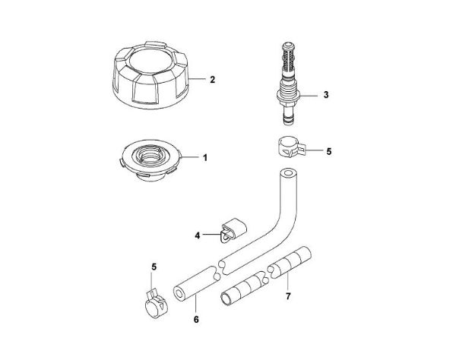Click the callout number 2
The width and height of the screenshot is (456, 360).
[214, 78]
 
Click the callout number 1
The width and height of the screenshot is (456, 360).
[204, 157]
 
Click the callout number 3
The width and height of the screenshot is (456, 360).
[325, 95]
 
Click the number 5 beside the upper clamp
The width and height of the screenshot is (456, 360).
[328, 152]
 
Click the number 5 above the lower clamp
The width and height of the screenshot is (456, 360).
[154, 266]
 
